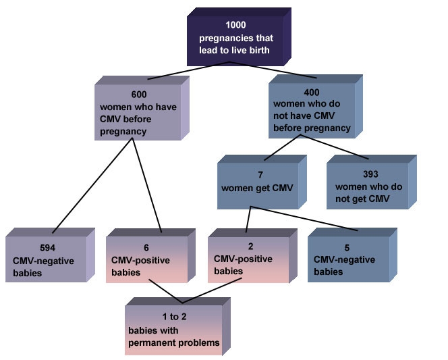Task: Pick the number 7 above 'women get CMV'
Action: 261,174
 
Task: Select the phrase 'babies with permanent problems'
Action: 174,336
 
